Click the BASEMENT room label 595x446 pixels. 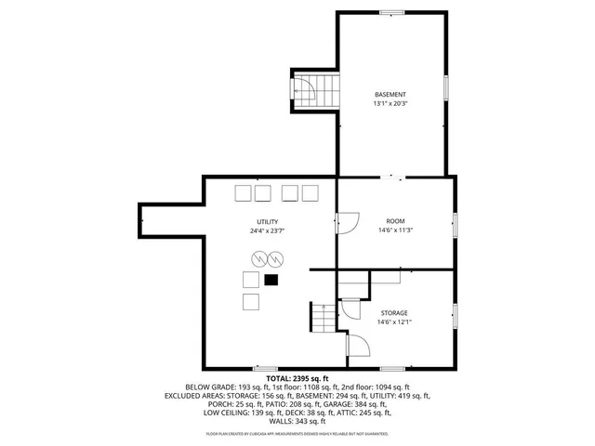coord(390,95)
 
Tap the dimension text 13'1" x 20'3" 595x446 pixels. coord(390,104)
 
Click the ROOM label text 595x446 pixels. coord(394,221)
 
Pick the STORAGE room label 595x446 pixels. coord(394,312)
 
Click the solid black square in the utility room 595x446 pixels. coord(271,279)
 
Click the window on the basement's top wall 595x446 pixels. coord(391,12)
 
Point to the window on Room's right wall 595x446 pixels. coord(455,224)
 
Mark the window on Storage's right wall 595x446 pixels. coord(455,316)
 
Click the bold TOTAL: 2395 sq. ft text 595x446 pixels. coord(297,378)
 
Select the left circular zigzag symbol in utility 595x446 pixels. coord(257,257)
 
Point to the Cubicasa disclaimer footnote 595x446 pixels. coord(297,433)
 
